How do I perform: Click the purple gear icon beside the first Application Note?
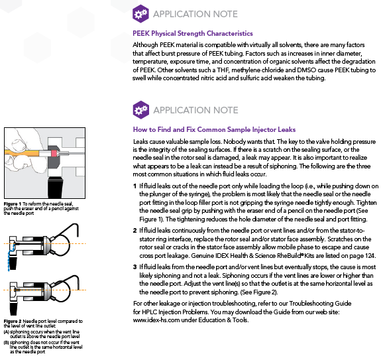click(x=140, y=14)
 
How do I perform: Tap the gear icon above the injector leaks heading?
click(x=141, y=110)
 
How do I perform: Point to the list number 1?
click(x=135, y=186)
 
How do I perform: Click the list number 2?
click(x=135, y=231)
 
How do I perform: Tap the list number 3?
click(x=135, y=267)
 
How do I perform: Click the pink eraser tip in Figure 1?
click(x=54, y=154)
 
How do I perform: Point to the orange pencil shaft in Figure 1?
click(x=22, y=154)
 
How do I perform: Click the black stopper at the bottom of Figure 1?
click(x=56, y=187)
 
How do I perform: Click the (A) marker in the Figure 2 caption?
click(x=7, y=332)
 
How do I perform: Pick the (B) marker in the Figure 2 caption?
click(x=7, y=342)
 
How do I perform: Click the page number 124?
click(x=370, y=256)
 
